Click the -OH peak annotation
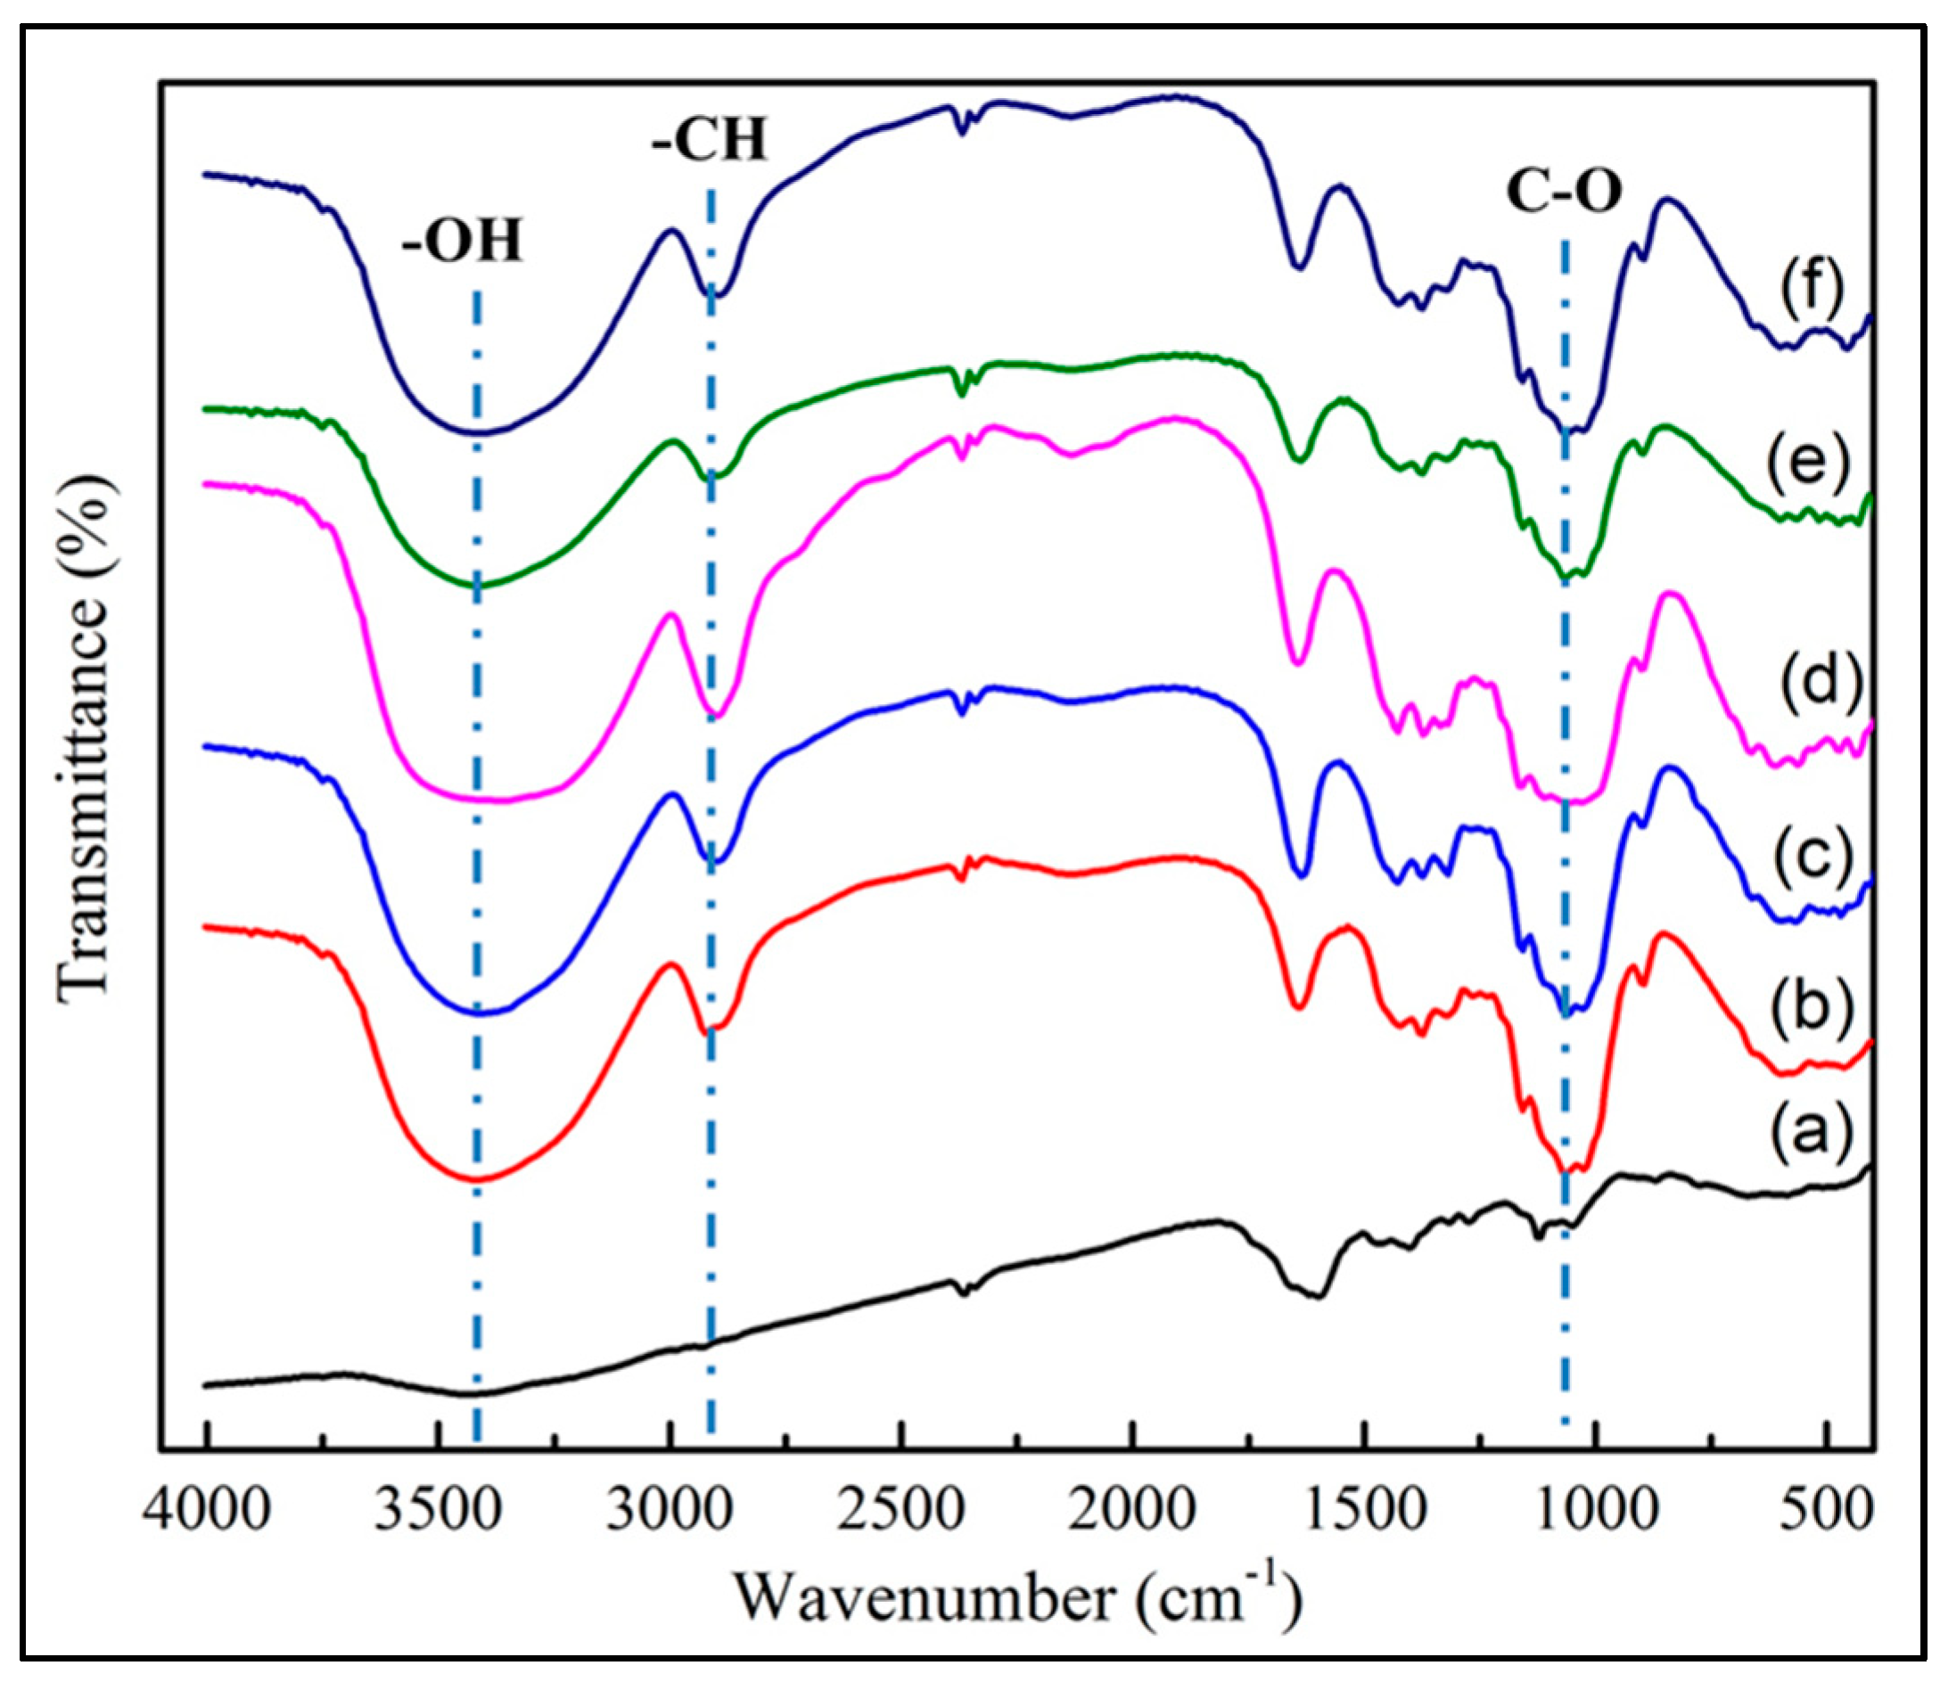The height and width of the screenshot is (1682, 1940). coord(461,241)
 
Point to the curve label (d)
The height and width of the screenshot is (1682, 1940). coord(1811,680)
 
